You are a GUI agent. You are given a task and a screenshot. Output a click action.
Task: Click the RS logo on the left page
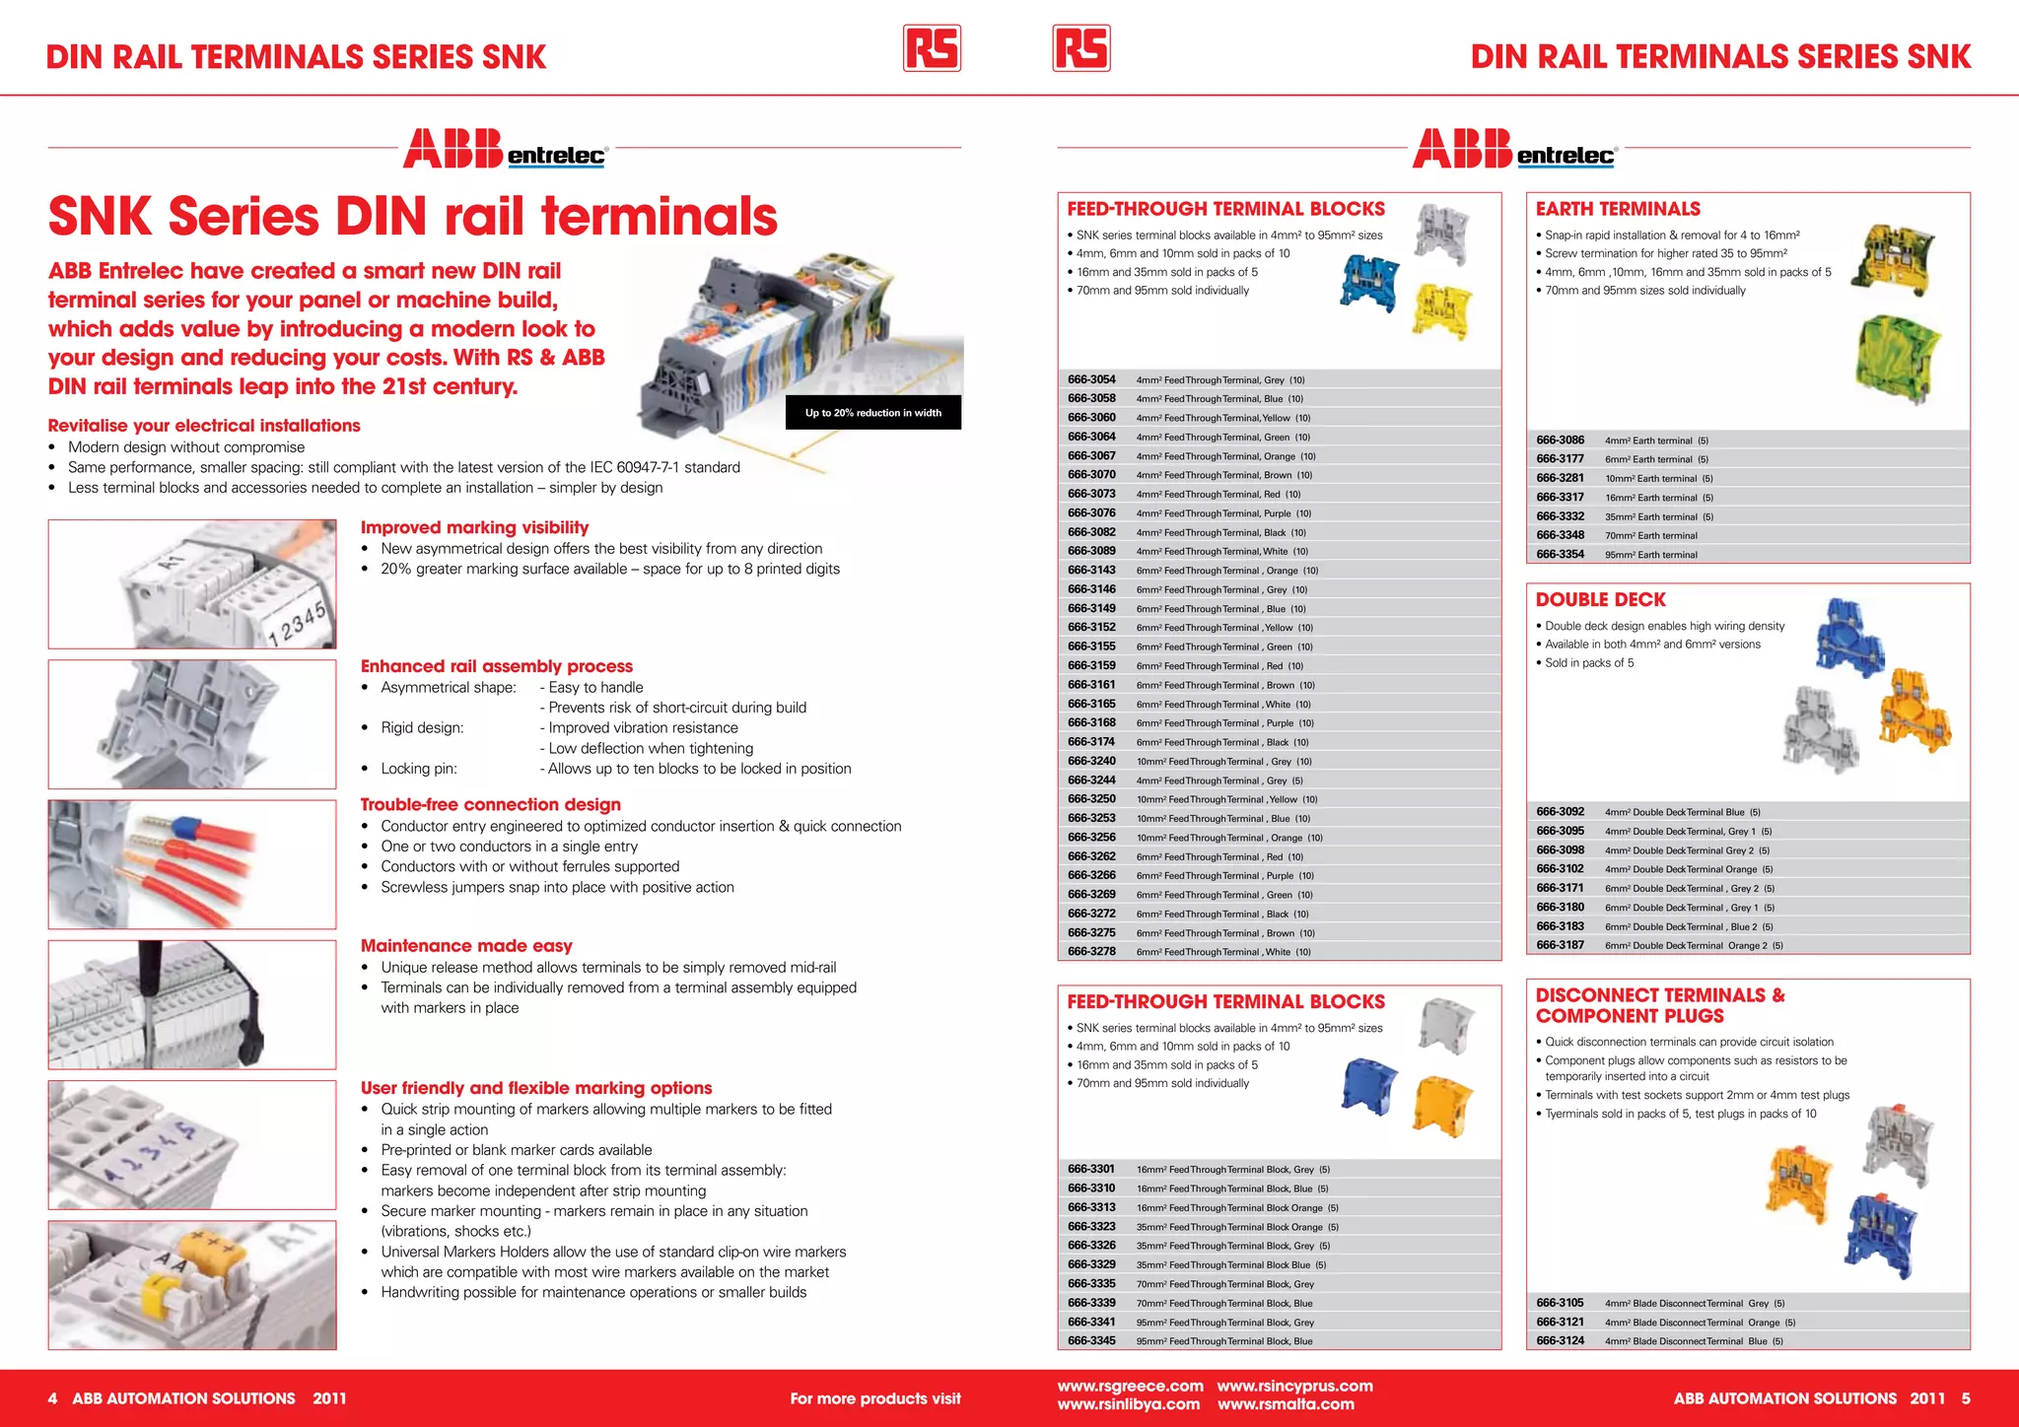click(x=932, y=48)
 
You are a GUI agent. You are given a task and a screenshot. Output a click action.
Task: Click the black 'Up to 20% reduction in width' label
click(x=872, y=413)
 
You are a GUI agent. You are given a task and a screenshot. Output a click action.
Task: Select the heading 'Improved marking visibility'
click(x=474, y=527)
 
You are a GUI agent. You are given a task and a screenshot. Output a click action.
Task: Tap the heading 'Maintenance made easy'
click(x=466, y=945)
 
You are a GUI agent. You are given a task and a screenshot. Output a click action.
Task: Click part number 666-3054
click(x=1091, y=379)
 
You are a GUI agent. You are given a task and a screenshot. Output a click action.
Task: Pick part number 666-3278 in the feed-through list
click(x=1091, y=952)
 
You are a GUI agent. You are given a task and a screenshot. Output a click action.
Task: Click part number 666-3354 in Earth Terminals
click(x=1560, y=555)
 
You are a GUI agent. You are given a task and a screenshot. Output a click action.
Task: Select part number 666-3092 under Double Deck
click(x=1560, y=812)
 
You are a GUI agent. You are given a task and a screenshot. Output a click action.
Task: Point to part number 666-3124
click(x=1560, y=1341)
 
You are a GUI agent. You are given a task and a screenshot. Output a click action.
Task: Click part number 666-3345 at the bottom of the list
click(x=1091, y=1341)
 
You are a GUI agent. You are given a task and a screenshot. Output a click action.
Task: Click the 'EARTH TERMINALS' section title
click(x=1617, y=209)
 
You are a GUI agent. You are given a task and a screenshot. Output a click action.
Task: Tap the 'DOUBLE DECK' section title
click(x=1600, y=599)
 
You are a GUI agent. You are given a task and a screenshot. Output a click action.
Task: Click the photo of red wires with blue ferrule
click(x=192, y=864)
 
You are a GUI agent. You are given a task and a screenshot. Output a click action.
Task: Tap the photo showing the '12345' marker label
click(x=192, y=584)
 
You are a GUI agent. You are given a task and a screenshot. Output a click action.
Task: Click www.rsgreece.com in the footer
click(x=1130, y=1387)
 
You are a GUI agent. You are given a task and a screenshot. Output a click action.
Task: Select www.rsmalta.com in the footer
click(x=1286, y=1405)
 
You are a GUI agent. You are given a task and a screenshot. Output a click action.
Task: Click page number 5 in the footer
click(x=1965, y=1398)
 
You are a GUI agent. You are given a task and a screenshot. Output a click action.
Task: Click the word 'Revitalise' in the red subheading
click(x=89, y=426)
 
